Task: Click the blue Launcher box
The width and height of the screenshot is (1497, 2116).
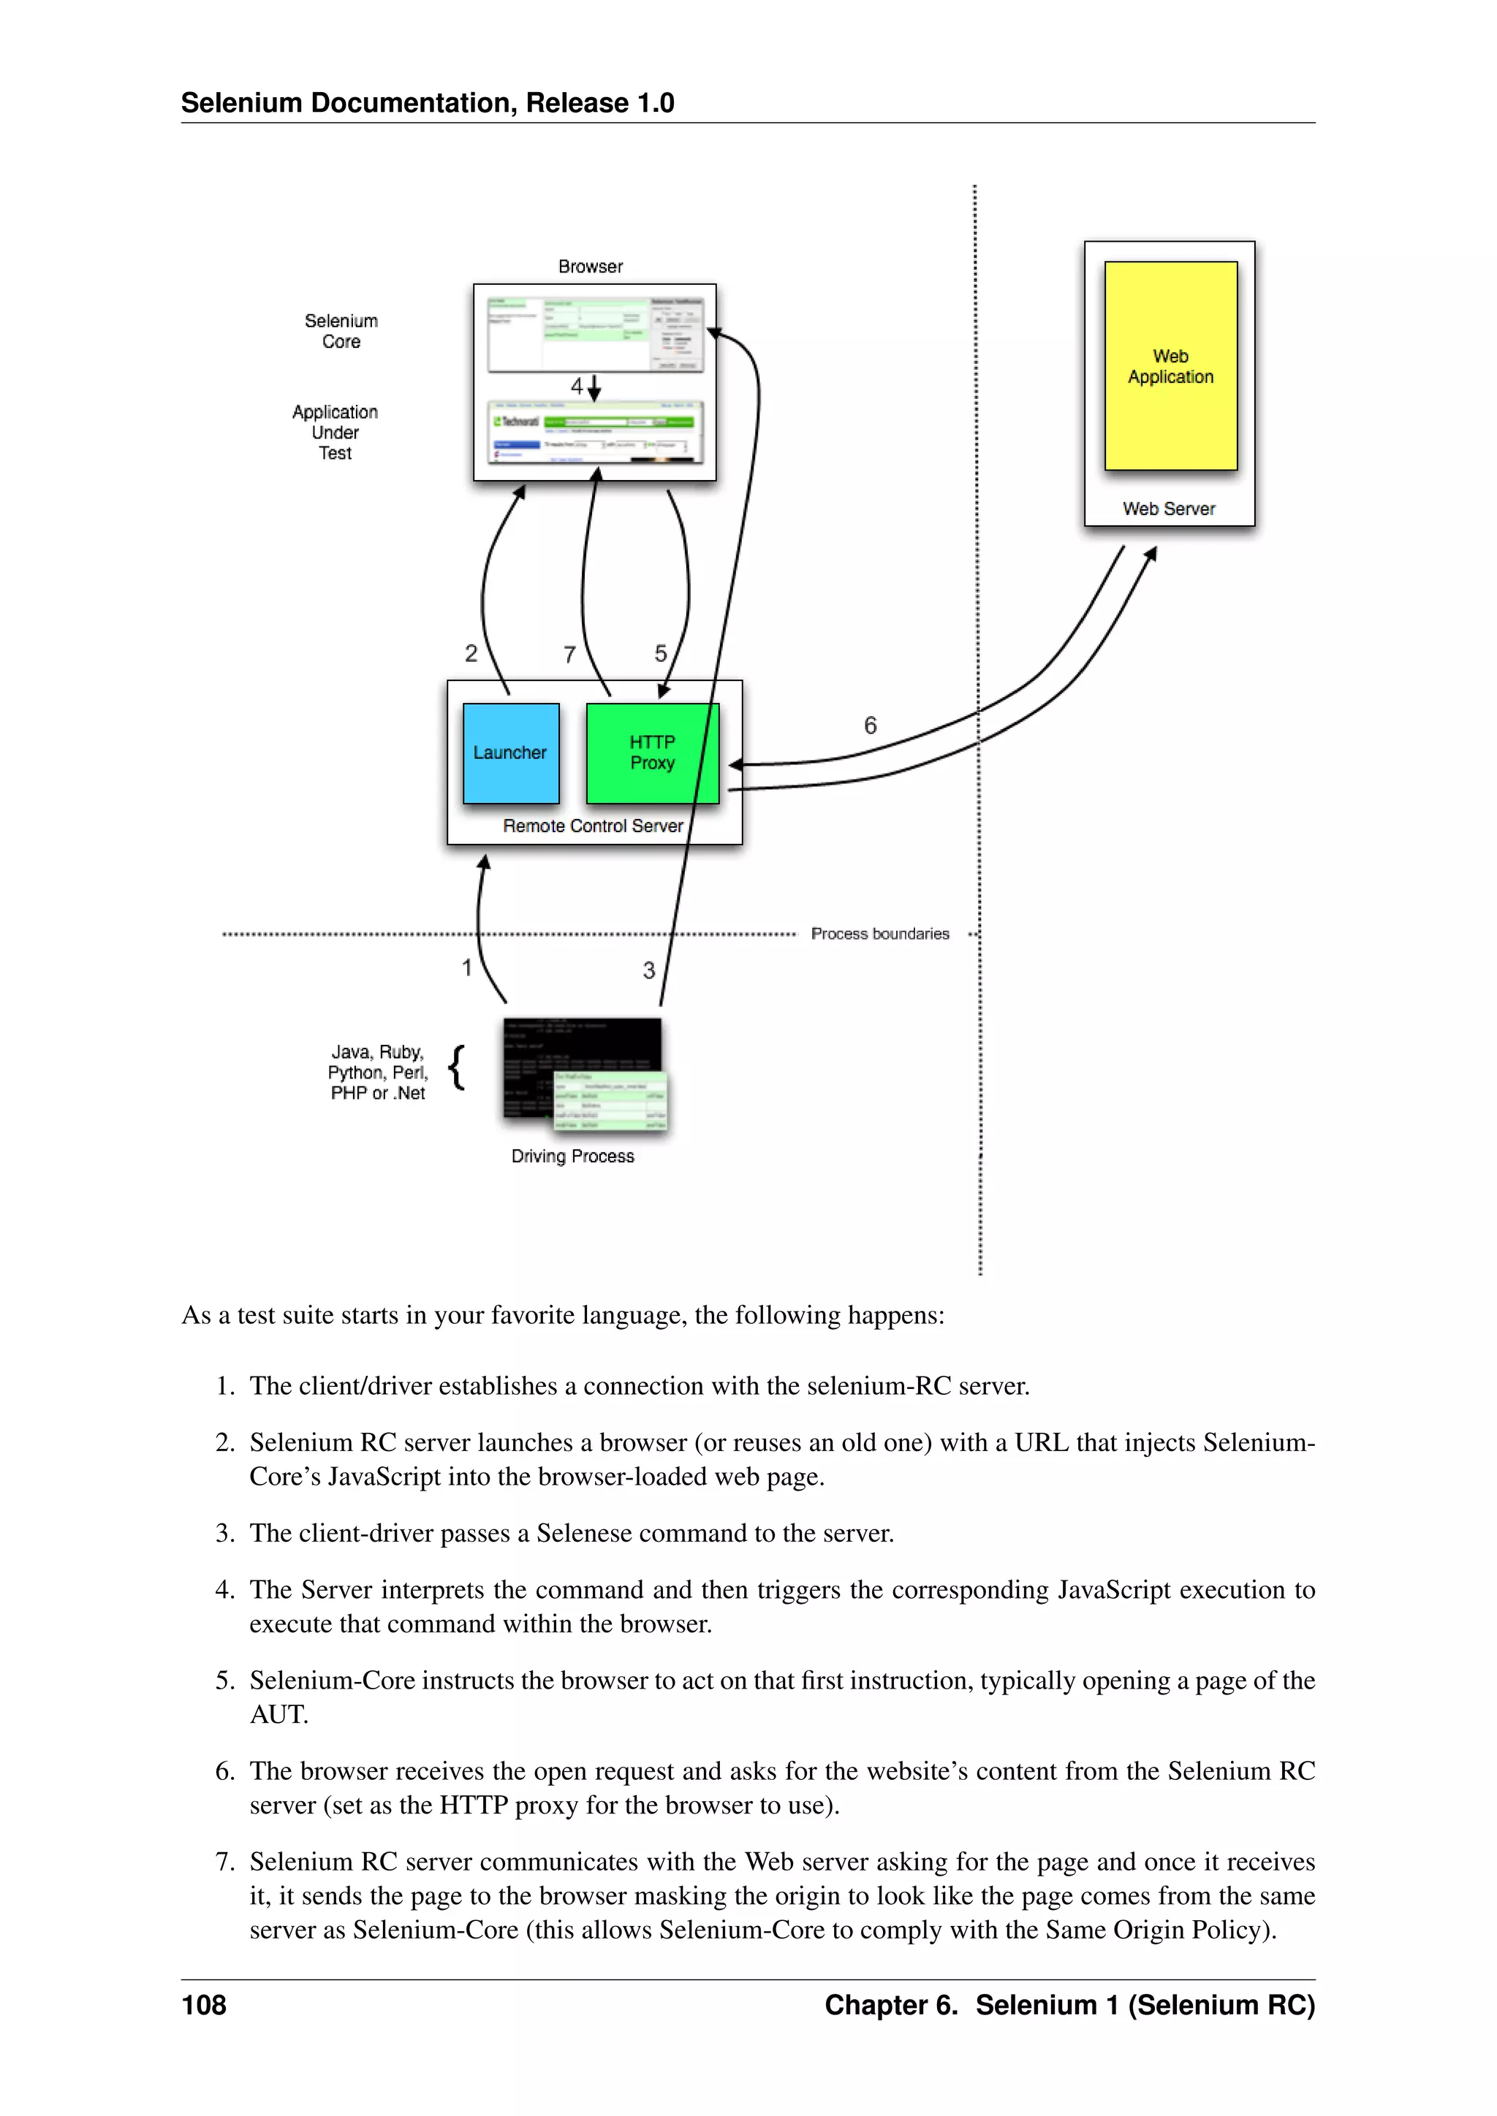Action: click(x=511, y=753)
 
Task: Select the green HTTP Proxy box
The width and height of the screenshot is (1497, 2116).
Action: click(x=652, y=753)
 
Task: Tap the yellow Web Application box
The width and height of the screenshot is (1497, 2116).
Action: click(x=1171, y=366)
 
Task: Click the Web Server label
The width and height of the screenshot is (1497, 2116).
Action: click(x=1169, y=509)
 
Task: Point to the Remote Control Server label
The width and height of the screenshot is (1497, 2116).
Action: click(x=593, y=826)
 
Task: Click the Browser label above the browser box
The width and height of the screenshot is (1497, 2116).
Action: click(x=590, y=267)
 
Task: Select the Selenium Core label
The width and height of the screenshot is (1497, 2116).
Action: click(x=341, y=331)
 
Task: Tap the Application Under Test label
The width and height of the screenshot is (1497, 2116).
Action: click(x=336, y=433)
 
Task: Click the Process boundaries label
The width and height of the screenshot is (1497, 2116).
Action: click(x=879, y=934)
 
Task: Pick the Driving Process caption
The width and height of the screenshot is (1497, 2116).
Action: click(x=572, y=1156)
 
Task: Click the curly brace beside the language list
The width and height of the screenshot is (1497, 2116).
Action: click(x=456, y=1069)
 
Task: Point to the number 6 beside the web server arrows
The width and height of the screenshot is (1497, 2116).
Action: click(x=870, y=726)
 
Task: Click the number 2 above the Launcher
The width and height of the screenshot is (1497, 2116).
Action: click(x=471, y=653)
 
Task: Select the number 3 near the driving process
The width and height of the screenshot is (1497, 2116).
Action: click(x=649, y=970)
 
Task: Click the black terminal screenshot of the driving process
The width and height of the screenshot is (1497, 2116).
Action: click(x=544, y=1051)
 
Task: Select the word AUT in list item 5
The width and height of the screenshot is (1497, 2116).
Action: click(x=278, y=1714)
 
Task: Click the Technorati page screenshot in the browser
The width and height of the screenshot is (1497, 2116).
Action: click(x=594, y=431)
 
